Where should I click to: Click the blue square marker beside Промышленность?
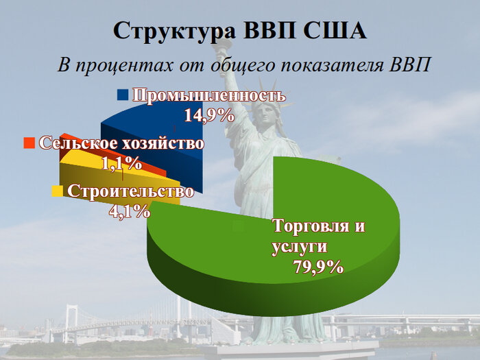(123, 95)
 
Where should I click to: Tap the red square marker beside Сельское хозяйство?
(29, 143)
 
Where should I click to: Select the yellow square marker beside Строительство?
(57, 191)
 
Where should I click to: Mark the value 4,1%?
(130, 211)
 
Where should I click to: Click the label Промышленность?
(208, 95)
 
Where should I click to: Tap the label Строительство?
(130, 191)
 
